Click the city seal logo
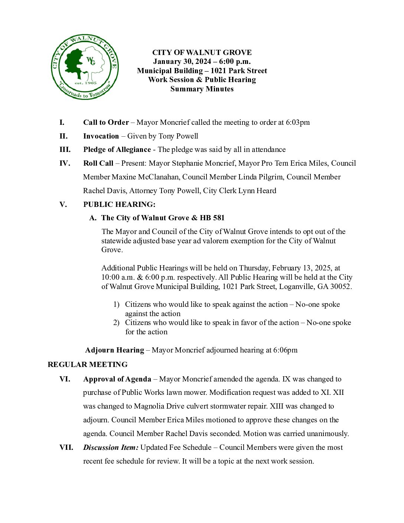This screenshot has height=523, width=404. [85, 68]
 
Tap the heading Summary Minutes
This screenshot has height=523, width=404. [202, 89]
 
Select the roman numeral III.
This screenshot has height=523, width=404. [65, 150]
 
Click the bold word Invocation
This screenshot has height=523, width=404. [101, 136]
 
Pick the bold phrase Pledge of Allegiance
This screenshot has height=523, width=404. [117, 150]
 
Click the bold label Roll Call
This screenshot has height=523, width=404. [98, 163]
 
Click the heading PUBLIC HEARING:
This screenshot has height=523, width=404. [119, 204]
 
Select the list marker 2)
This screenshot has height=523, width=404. [116, 323]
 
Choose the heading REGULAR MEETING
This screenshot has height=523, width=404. [88, 364]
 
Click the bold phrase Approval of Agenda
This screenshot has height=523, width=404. [117, 379]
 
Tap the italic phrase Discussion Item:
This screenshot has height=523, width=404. [111, 448]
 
